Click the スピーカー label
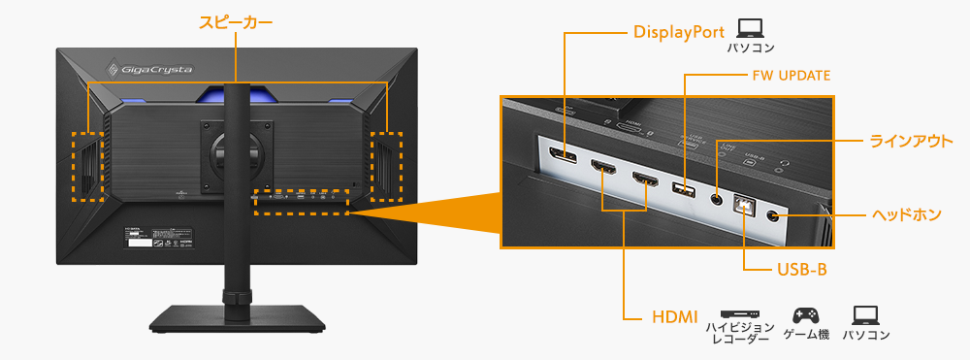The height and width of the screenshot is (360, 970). (x=236, y=21)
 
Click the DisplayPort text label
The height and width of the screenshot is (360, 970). (x=678, y=32)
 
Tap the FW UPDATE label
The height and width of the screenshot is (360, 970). (x=791, y=75)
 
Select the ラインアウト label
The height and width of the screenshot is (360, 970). (x=910, y=141)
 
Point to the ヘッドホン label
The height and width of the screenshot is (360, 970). (x=906, y=214)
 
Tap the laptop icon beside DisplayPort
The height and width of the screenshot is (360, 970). (x=750, y=28)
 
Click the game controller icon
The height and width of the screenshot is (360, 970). (x=805, y=315)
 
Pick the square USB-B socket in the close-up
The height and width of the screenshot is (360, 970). (x=745, y=205)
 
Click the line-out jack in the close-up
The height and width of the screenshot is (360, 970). (x=717, y=199)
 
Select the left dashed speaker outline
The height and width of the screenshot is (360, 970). (x=88, y=166)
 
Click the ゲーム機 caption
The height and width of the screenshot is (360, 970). (x=805, y=335)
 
